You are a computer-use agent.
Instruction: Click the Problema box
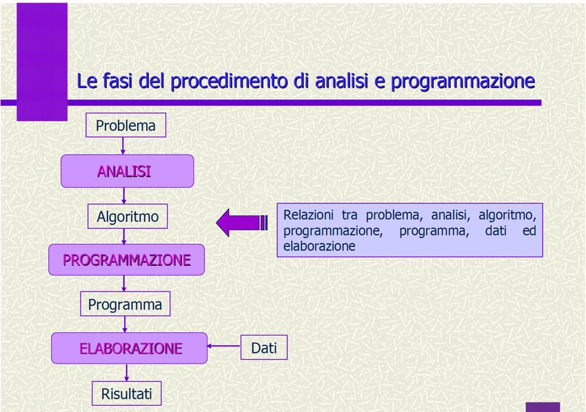[126, 125]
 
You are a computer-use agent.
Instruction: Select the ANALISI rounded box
[128, 171]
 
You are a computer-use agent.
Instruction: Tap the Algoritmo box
[128, 216]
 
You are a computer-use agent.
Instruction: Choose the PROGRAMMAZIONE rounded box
[127, 260]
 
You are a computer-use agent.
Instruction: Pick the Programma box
[125, 304]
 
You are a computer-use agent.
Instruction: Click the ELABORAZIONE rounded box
[130, 348]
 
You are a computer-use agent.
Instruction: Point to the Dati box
[264, 347]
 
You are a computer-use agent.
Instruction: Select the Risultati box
[127, 393]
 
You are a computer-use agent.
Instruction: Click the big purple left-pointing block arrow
[242, 223]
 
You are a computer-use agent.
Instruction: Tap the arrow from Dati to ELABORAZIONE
[224, 346]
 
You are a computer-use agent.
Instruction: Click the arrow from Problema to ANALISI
[123, 146]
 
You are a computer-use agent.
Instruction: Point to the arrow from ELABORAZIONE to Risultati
[127, 373]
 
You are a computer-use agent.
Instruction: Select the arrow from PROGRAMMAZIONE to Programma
[124, 283]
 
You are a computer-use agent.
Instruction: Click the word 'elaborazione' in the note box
[319, 246]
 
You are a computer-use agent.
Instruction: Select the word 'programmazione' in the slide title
[463, 81]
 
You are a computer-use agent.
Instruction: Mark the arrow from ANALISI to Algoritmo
[124, 196]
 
